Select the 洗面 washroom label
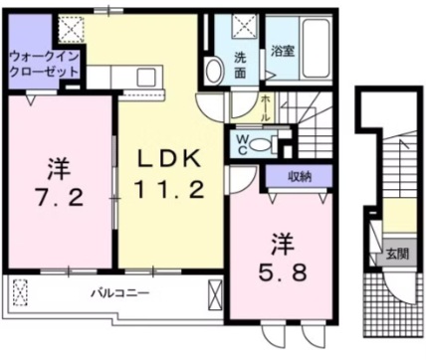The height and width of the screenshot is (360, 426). click(x=243, y=63)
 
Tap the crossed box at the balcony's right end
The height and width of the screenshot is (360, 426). click(x=214, y=294)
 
